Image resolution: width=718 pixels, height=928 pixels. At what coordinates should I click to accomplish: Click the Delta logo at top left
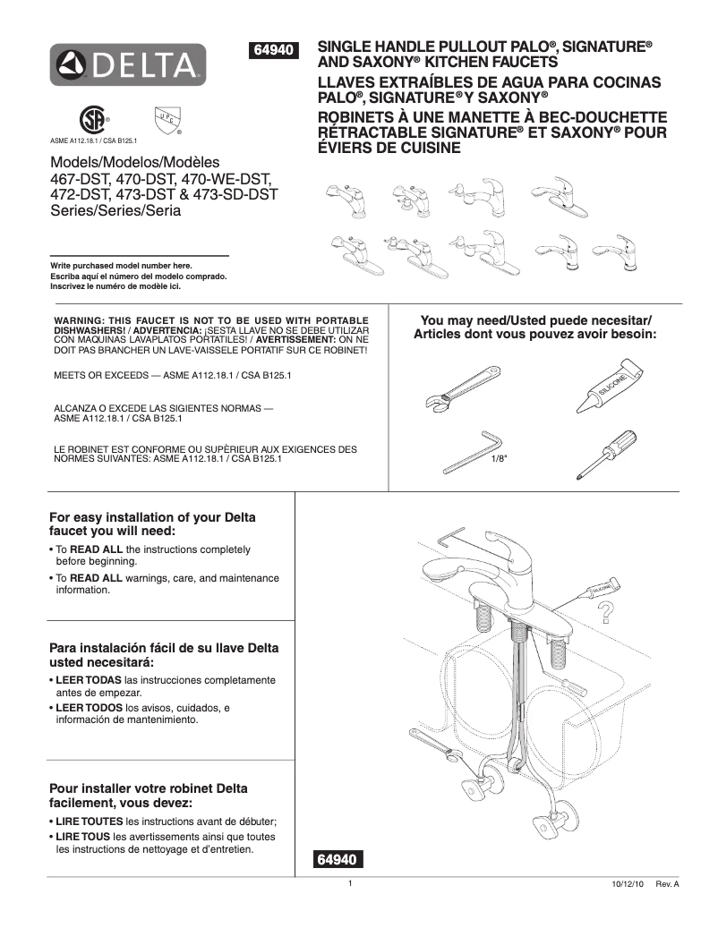point(128,64)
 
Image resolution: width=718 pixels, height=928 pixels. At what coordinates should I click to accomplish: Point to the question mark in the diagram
point(606,612)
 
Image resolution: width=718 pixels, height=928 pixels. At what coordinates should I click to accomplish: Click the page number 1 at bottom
point(351,883)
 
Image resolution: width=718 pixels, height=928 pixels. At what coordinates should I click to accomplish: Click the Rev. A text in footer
point(668,883)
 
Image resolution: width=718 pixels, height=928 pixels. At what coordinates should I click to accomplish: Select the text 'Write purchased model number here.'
point(121,266)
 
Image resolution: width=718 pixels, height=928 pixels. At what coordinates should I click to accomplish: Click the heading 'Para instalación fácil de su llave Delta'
point(163,648)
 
